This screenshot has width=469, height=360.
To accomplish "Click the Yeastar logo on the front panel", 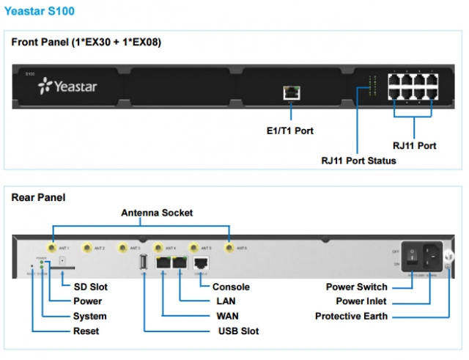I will tap(67, 87).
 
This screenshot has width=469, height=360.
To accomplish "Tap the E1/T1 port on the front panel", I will tap(291, 93).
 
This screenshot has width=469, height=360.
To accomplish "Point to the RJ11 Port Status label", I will tap(359, 160).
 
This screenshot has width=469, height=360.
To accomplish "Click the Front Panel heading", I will tap(86, 42).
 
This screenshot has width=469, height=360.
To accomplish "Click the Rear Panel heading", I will tap(38, 197).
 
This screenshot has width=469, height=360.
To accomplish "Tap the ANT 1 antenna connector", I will tap(52, 249).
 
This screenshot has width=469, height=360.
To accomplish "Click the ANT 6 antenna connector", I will tap(229, 249).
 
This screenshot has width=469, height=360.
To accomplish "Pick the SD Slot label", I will tap(89, 287).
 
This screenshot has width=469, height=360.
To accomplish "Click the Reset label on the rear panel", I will tap(86, 331).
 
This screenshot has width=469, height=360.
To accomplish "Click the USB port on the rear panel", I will tap(144, 263).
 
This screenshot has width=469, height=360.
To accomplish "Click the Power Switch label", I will tap(356, 287).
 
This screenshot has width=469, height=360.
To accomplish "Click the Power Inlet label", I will tap(361, 301).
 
